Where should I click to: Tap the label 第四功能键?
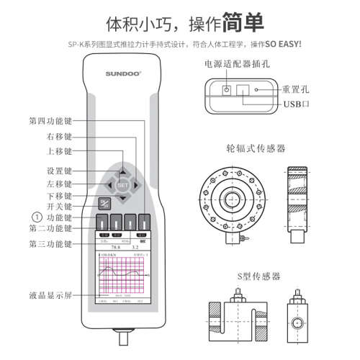[x=50, y=120]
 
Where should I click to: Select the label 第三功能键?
[x=50, y=245]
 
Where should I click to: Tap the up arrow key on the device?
[x=122, y=171]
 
